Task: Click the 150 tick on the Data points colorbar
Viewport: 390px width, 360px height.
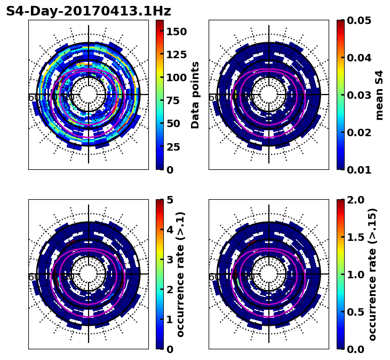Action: point(177,32)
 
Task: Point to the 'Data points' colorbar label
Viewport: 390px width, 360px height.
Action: point(195,95)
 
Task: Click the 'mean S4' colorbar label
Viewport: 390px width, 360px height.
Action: point(379,95)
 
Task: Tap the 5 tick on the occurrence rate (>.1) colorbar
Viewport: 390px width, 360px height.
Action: point(169,200)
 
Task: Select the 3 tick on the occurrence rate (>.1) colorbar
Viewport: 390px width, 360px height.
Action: point(169,260)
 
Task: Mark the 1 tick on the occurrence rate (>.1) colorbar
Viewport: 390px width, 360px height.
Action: point(169,319)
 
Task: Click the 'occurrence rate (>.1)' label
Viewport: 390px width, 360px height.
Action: point(180,275)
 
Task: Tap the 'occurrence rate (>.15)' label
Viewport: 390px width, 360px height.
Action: point(372,275)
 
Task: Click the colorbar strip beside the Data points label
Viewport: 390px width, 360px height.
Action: point(159,95)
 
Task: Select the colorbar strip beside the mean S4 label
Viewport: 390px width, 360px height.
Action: point(340,95)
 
